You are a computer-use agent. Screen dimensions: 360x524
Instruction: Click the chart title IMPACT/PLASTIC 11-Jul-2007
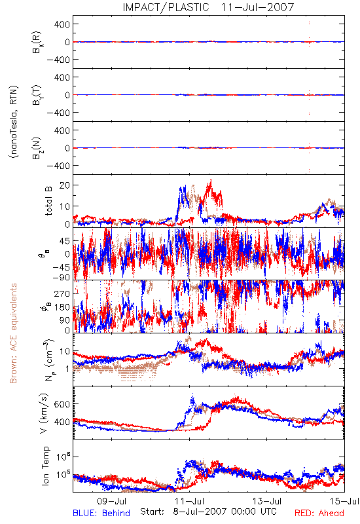pos(208,7)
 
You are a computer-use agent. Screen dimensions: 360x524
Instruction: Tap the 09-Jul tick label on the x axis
pos(111,501)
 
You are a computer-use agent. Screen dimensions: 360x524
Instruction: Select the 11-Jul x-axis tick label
pos(189,501)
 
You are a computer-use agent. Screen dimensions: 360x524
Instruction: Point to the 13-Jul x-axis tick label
pos(267,501)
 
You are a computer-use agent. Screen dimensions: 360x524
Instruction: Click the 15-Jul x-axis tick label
pos(344,501)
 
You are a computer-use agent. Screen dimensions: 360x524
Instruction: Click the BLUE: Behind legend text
pos(101,513)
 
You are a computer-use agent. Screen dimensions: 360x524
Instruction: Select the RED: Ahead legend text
pos(319,513)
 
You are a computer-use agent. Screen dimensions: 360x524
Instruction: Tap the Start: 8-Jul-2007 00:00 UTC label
pos(208,512)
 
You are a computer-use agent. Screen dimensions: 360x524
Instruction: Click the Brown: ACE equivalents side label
pos(13,333)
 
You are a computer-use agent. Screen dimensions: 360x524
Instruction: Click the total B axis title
pos(48,201)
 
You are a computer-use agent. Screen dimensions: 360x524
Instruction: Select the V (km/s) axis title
pos(44,413)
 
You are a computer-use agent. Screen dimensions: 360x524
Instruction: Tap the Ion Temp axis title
pos(45,466)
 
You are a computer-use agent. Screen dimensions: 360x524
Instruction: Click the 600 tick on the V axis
pos(62,404)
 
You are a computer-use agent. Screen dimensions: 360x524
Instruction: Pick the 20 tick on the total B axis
pos(64,185)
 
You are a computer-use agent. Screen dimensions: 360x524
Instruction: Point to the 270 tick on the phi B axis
pos(62,293)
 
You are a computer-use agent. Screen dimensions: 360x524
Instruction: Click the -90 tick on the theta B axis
pos(61,277)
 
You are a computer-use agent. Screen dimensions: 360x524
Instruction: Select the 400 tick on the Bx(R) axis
pos(62,24)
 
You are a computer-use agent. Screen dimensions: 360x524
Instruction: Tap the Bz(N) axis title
pos(37,147)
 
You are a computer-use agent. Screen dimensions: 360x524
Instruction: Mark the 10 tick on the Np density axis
pos(64,352)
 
